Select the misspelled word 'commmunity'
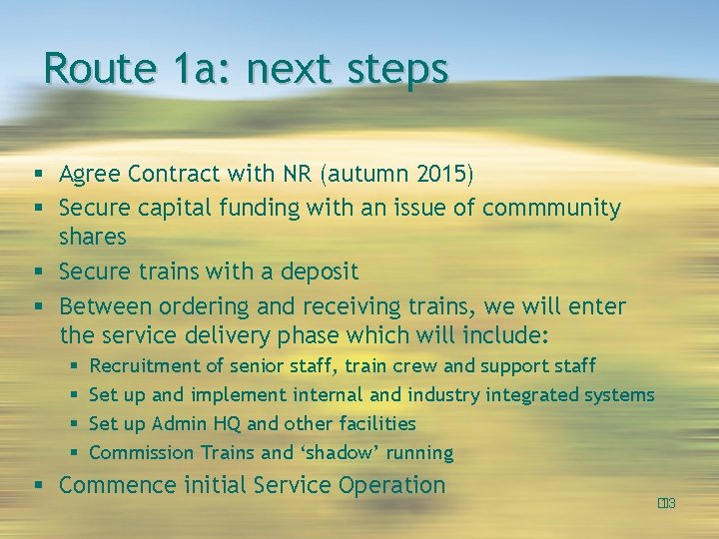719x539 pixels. (x=551, y=208)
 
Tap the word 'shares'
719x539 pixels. (x=93, y=238)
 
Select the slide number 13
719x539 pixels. (x=667, y=503)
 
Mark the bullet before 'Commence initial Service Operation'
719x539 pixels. (x=36, y=487)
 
